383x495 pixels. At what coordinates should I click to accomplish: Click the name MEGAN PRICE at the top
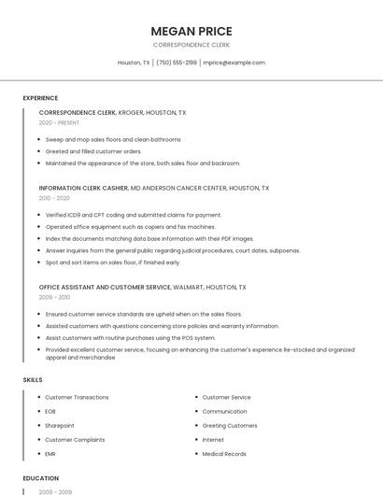191,30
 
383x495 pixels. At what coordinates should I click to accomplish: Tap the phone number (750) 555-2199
177,63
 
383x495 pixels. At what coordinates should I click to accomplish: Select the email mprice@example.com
234,63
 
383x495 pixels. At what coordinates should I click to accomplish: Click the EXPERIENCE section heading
40,98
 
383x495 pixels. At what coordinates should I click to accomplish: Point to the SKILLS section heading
33,380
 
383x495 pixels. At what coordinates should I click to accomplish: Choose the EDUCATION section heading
40,478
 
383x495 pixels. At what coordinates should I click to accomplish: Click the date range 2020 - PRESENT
59,122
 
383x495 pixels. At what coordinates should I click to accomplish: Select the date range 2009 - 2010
54,297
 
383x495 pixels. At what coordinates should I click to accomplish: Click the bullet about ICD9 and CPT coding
134,215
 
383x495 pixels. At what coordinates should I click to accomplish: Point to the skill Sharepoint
60,426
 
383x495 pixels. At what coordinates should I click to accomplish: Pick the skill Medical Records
224,454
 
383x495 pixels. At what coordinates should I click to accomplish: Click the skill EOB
50,412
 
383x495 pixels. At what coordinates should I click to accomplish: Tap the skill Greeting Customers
230,426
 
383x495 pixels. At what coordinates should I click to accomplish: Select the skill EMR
50,454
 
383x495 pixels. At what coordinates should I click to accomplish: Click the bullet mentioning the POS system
130,338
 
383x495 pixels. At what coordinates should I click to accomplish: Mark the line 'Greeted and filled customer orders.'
93,151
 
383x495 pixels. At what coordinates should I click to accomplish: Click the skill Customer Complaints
75,440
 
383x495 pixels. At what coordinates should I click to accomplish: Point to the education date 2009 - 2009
54,491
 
